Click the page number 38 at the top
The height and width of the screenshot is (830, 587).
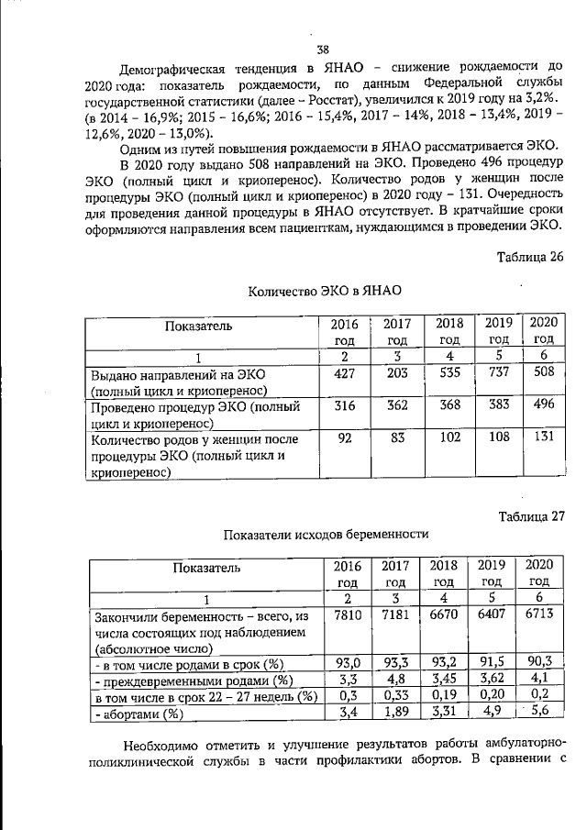coord(322,50)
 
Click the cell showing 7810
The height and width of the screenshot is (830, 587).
coord(346,617)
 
